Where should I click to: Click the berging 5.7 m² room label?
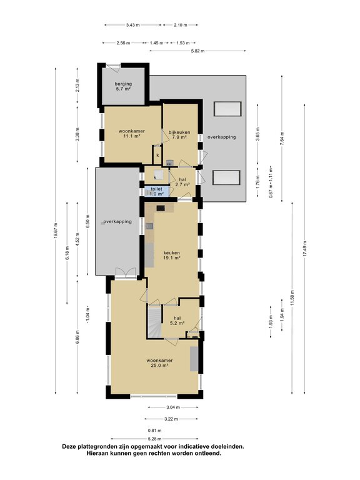[x=123, y=86]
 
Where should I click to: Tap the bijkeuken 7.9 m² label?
[x=179, y=135]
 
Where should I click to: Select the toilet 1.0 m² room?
[x=156, y=191]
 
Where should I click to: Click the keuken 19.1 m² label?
[x=171, y=255]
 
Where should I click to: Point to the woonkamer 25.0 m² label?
[x=159, y=362]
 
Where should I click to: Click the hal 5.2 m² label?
[x=177, y=320]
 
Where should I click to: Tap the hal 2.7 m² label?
[x=182, y=182]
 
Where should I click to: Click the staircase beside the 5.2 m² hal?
[x=154, y=322]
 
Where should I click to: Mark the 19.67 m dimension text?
[x=56, y=231]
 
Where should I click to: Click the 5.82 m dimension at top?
[x=197, y=51]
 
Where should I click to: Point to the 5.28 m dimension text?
[x=154, y=439]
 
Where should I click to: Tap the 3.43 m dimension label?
[x=132, y=25]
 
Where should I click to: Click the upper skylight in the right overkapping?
[x=227, y=109]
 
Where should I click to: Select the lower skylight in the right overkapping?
[x=226, y=178]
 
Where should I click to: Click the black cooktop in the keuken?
[x=161, y=208]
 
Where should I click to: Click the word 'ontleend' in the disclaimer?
[x=209, y=453]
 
